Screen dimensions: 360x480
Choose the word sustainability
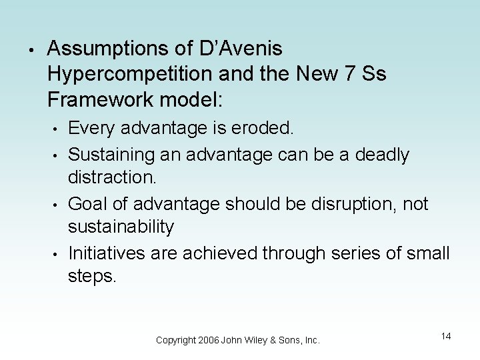tap(121, 227)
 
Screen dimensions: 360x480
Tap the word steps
tap(92, 276)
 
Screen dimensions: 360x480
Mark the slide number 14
tap(445, 336)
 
